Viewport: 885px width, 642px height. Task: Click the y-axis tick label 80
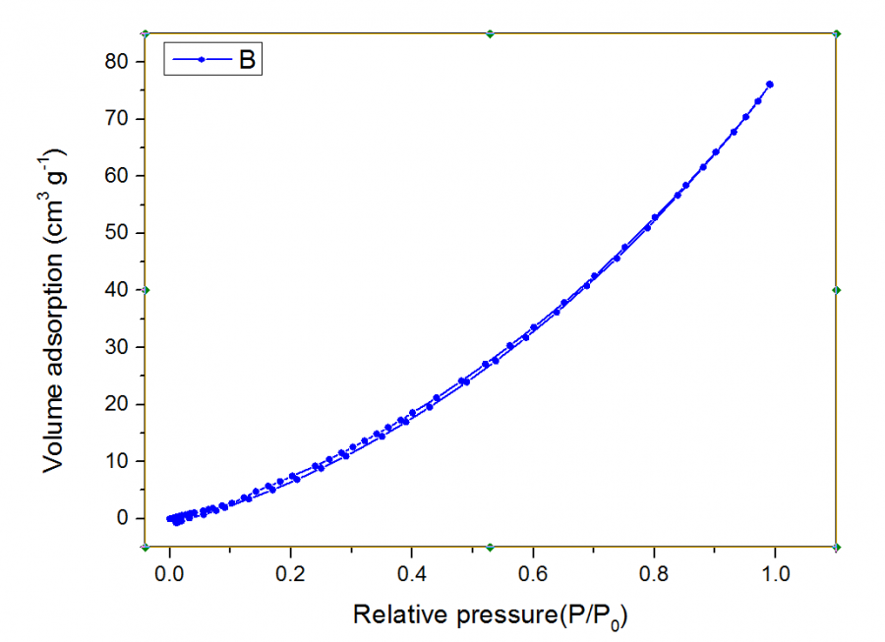tap(117, 62)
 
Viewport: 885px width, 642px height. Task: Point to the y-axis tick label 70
tap(117, 119)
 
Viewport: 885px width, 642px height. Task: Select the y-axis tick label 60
tap(117, 176)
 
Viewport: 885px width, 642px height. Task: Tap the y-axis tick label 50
tap(117, 233)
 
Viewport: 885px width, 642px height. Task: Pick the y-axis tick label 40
tap(117, 290)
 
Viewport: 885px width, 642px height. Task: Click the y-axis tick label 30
tap(117, 347)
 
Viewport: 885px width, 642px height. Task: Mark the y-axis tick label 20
tap(117, 404)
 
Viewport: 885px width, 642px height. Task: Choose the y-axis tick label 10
tap(117, 461)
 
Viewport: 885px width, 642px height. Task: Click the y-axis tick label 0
tap(123, 518)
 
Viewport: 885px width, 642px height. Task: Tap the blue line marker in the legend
tap(201, 59)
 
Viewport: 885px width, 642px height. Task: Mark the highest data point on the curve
tap(770, 85)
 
